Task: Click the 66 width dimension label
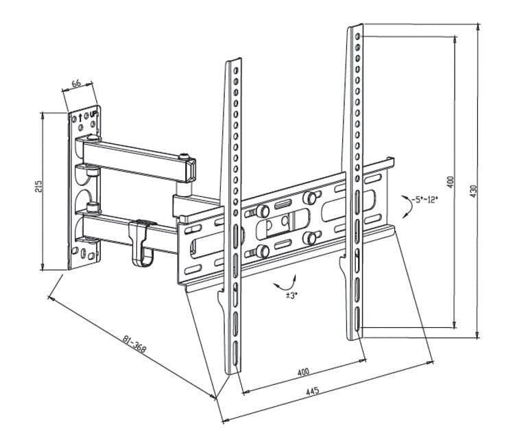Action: [76, 84]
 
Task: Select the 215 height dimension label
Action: [39, 187]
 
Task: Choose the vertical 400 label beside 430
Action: [451, 181]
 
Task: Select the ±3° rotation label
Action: [291, 295]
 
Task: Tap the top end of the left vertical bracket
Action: [234, 62]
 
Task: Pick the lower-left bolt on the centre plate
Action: [261, 252]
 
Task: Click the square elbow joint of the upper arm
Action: [187, 167]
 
